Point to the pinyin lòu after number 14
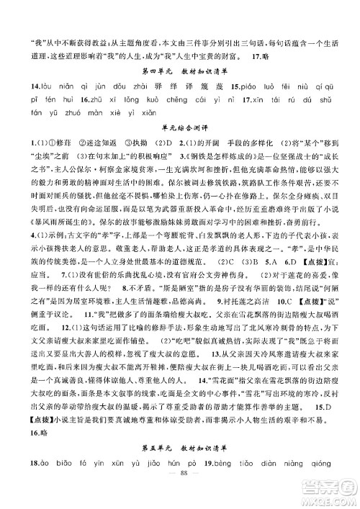[27, 87]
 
